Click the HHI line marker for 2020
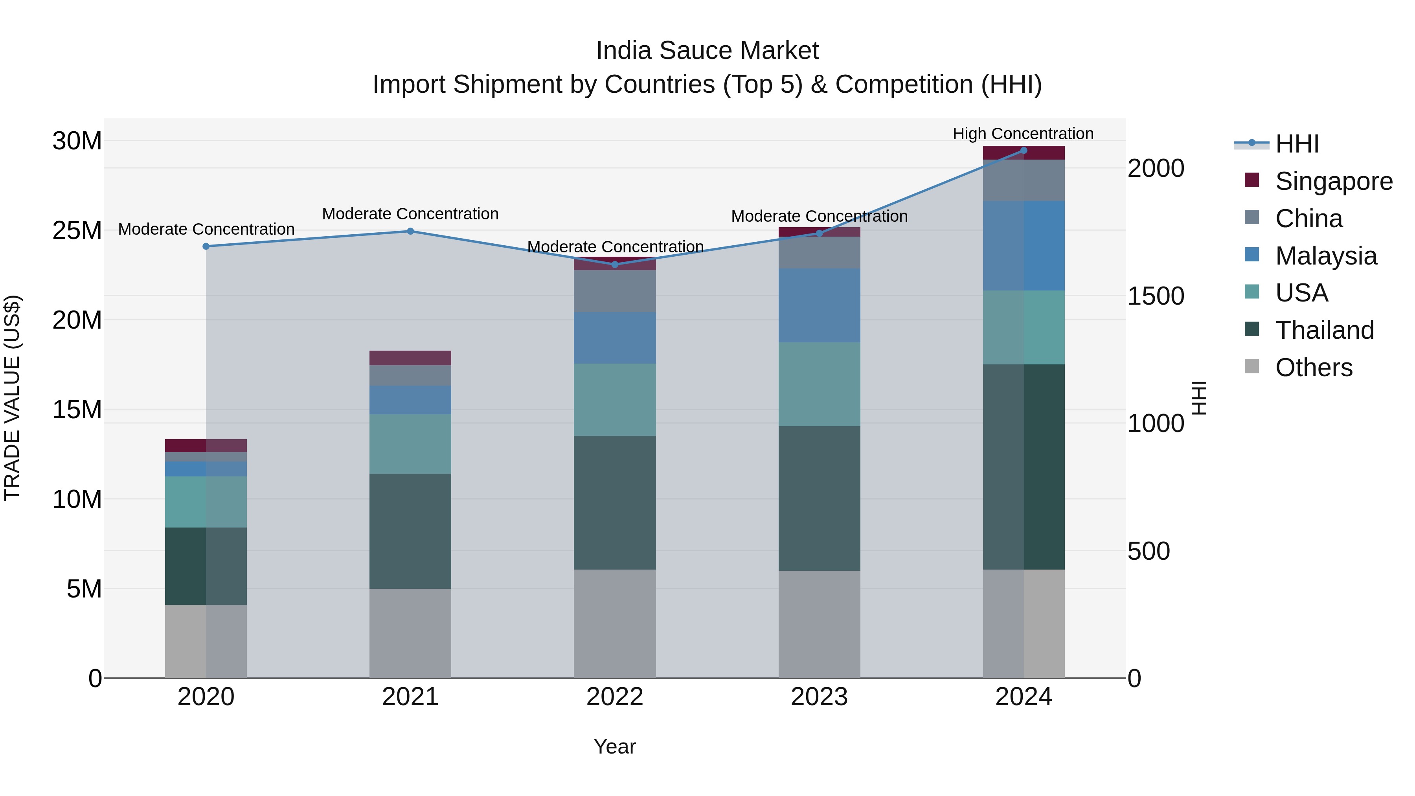(x=206, y=246)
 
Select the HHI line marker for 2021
(x=410, y=231)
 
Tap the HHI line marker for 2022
(x=615, y=265)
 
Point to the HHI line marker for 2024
(x=1024, y=151)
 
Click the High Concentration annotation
(x=1023, y=134)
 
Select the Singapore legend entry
(x=1333, y=181)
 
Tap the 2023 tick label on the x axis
(x=819, y=697)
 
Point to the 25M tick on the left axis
(x=77, y=231)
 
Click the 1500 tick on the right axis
(x=1155, y=296)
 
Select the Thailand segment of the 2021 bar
(x=410, y=531)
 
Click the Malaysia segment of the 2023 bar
(x=819, y=305)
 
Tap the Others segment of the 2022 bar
(x=615, y=623)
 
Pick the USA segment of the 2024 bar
(x=1024, y=327)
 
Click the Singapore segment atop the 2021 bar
(x=410, y=358)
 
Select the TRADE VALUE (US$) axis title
(x=12, y=398)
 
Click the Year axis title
(x=615, y=746)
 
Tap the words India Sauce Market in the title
(x=707, y=51)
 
